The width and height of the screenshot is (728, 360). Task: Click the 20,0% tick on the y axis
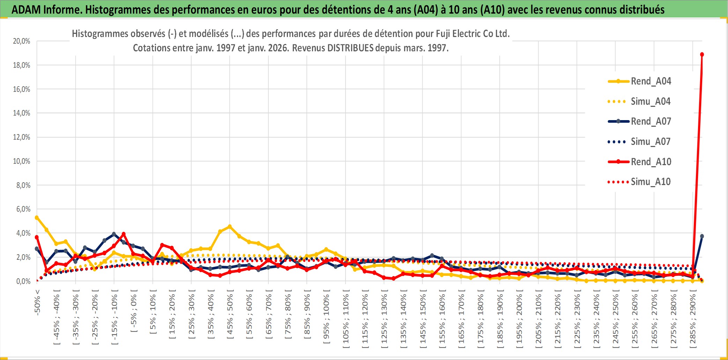click(x=22, y=41)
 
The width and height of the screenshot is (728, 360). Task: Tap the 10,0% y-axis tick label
click(x=22, y=161)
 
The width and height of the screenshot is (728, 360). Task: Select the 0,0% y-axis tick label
click(x=23, y=281)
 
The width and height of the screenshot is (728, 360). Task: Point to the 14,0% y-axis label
click(x=22, y=113)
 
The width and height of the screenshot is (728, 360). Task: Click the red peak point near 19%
click(x=702, y=54)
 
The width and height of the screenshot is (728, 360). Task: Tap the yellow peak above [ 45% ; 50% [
click(x=229, y=227)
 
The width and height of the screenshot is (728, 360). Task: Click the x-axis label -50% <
click(x=37, y=302)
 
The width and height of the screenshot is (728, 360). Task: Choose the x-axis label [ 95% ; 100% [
click(x=326, y=319)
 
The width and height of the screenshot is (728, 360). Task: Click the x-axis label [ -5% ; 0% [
click(x=134, y=311)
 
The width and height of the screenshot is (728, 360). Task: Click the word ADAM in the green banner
click(x=26, y=9)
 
